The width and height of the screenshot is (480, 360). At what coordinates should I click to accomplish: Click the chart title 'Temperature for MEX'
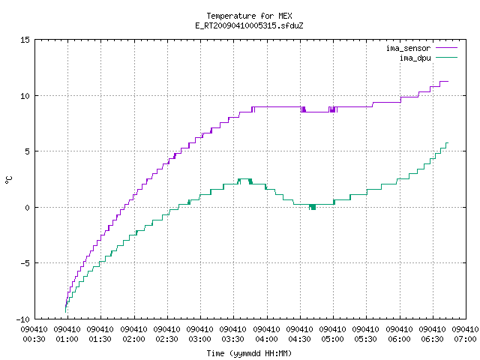point(249,16)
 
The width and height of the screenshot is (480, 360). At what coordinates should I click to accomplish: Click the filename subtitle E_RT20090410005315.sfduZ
point(249,25)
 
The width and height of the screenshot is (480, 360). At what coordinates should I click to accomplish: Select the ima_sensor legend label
point(408,48)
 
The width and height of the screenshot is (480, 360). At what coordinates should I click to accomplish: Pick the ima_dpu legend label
point(415,58)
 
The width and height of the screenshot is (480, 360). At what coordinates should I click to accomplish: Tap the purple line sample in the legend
point(447,48)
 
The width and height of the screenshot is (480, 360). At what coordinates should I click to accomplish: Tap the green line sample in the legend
point(447,58)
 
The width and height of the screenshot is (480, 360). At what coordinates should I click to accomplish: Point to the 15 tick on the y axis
point(25,40)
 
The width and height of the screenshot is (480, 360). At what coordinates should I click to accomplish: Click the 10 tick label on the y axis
point(25,96)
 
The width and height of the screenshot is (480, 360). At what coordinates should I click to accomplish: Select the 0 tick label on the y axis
point(27,208)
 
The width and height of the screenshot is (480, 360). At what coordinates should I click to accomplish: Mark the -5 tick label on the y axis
point(25,263)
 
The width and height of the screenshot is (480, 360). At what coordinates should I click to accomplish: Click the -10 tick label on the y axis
point(23,319)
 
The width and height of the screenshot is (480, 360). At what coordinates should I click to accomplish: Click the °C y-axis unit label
point(9,180)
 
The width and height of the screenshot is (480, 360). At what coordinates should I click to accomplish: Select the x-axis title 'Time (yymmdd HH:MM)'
point(249,353)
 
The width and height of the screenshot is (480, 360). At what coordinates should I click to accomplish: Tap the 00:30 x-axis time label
point(34,339)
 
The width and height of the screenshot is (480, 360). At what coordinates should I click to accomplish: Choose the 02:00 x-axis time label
point(133,339)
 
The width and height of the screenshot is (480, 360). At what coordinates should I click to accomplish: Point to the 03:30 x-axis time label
point(233,339)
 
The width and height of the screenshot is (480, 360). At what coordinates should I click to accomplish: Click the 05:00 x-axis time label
point(332,339)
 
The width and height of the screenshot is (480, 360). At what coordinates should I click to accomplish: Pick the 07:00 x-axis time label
point(465,339)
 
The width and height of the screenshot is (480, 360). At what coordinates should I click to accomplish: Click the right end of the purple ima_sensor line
point(448,82)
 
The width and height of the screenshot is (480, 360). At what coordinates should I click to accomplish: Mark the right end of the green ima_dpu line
point(448,143)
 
